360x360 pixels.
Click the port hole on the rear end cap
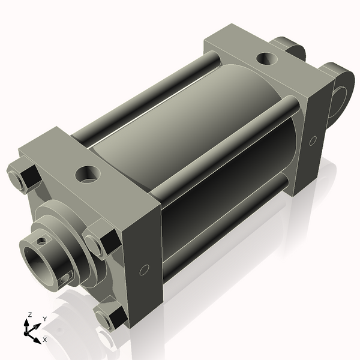click(x=265, y=59)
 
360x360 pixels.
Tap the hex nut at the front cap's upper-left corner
click(x=23, y=178)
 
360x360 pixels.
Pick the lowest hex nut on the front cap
click(x=109, y=317)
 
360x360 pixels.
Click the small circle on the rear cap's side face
click(x=313, y=140)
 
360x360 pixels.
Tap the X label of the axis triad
click(x=44, y=340)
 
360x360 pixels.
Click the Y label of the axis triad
click(x=44, y=319)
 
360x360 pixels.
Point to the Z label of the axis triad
click(x=29, y=314)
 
